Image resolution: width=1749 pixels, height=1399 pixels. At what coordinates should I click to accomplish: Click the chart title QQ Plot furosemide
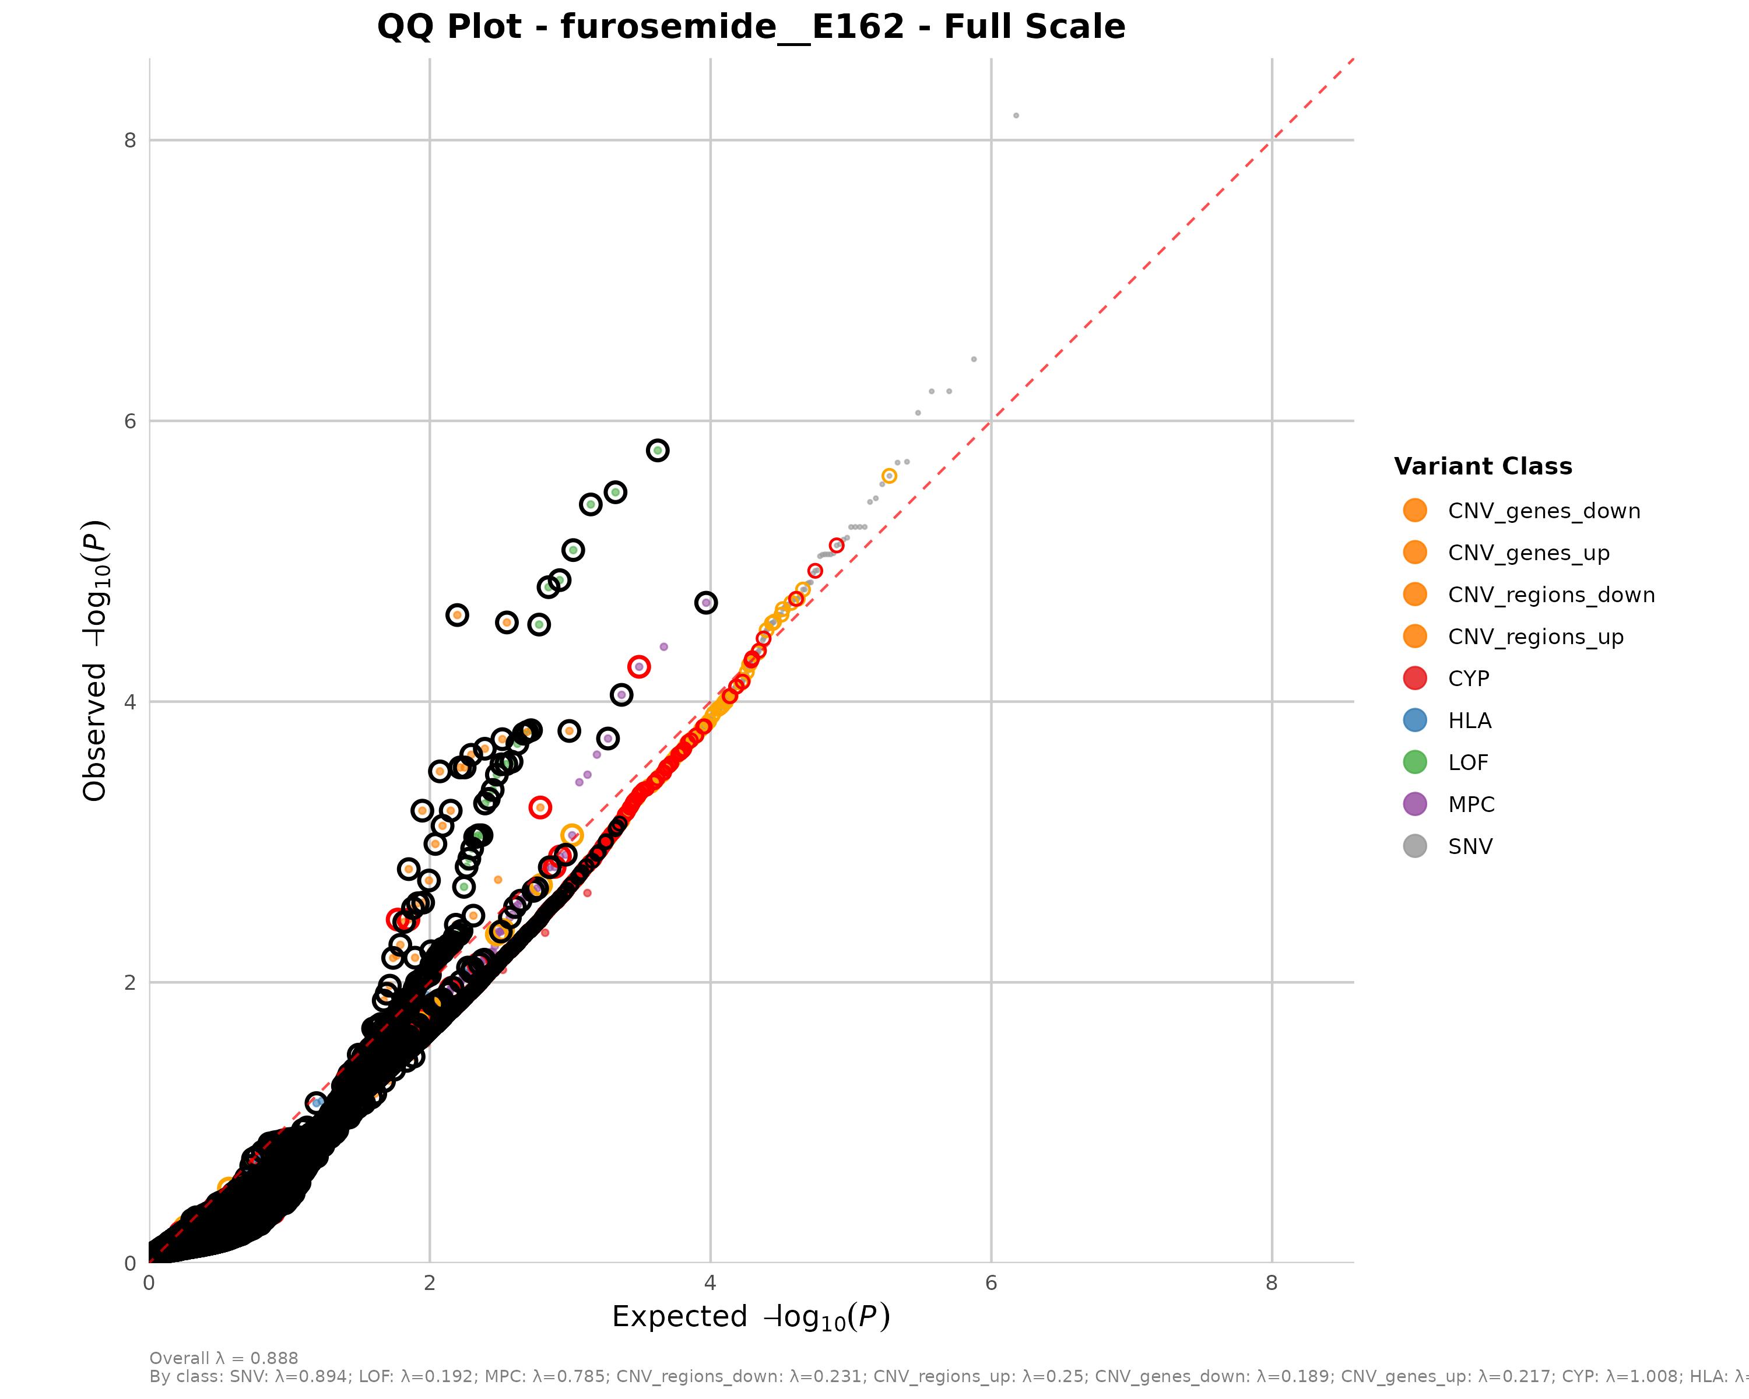750,27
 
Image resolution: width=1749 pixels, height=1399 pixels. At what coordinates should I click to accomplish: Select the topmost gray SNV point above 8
1016,116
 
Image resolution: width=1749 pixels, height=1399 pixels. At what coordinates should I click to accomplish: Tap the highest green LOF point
657,450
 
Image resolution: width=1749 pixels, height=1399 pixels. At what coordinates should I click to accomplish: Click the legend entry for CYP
1469,679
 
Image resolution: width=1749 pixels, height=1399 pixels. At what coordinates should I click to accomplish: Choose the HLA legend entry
1469,721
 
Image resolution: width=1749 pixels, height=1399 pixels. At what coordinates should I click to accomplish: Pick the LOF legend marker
1415,762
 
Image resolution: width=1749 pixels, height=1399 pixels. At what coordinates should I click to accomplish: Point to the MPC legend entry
1471,804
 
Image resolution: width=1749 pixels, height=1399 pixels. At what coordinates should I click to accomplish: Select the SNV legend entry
1470,847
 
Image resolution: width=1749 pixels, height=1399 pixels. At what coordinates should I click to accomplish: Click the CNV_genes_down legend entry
1544,511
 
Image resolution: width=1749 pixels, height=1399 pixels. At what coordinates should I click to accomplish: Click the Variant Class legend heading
1483,466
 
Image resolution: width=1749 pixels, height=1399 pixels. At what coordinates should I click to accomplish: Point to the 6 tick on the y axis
130,421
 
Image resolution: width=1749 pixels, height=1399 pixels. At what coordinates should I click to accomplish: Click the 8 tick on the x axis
1271,1283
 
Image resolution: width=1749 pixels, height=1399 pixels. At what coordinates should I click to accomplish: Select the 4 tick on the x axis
710,1283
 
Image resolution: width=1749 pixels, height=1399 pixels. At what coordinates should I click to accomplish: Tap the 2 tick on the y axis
130,983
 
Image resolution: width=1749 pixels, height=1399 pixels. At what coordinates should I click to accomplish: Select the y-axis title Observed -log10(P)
96,661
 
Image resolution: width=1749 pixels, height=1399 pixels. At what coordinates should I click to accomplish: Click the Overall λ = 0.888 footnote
224,1358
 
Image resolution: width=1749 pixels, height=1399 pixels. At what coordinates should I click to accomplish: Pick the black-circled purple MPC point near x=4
706,603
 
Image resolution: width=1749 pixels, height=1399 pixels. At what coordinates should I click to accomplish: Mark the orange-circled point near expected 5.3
889,476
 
